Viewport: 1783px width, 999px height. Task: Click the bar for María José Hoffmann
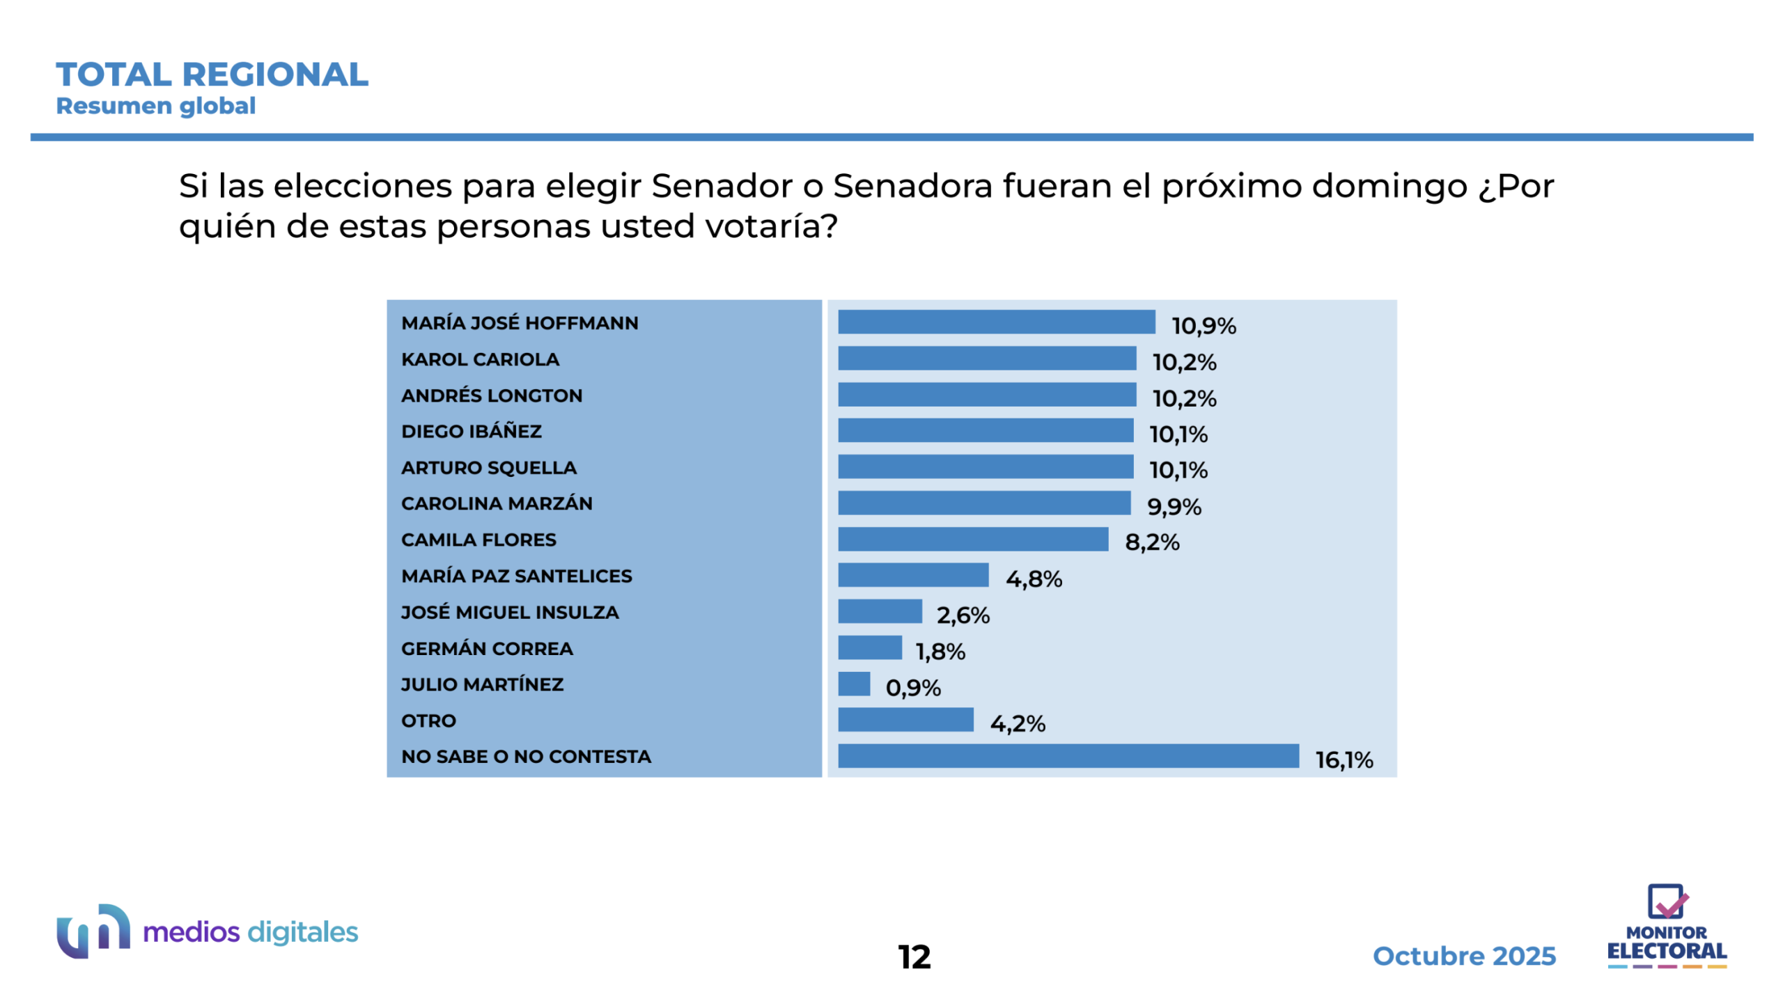995,322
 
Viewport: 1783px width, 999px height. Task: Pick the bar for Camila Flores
972,539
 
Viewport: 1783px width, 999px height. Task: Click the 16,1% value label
1344,760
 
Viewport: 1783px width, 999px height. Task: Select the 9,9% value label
1174,506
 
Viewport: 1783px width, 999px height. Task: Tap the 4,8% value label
1034,579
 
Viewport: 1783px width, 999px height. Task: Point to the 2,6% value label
963,615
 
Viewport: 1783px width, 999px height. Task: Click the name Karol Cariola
480,359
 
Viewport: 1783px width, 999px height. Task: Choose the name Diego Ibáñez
471,431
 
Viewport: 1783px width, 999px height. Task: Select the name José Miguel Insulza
509,612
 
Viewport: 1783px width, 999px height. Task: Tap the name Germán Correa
487,648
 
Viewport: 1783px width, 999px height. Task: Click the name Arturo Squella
488,467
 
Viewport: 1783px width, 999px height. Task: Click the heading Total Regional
212,74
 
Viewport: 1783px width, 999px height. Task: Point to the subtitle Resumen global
155,106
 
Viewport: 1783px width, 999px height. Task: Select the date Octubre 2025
1463,956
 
